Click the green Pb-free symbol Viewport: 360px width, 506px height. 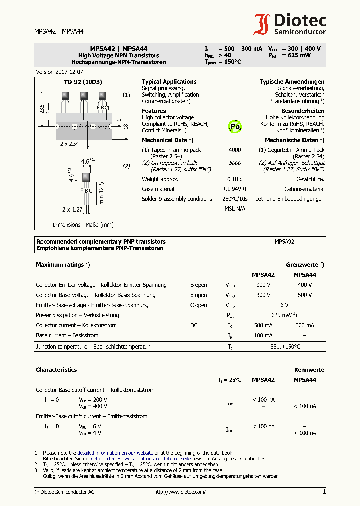(235, 127)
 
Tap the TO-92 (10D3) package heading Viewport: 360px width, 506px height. (83, 82)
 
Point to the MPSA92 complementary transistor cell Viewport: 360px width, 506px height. (284, 241)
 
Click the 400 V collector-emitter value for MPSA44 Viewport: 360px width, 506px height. (304, 285)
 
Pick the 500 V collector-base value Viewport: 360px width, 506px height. (304, 295)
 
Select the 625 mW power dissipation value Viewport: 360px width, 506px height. (283, 315)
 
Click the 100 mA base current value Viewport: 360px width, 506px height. (263, 335)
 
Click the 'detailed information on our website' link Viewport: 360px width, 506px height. (115, 452)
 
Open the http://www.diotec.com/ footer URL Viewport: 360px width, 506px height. (180, 492)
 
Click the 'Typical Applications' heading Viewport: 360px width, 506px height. (169, 82)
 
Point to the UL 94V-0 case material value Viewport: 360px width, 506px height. (234, 189)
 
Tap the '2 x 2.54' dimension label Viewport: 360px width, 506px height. (70, 144)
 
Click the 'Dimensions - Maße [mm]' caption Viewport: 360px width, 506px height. (83, 225)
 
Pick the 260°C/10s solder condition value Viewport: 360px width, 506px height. (234, 199)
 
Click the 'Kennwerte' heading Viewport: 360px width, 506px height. (309, 370)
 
